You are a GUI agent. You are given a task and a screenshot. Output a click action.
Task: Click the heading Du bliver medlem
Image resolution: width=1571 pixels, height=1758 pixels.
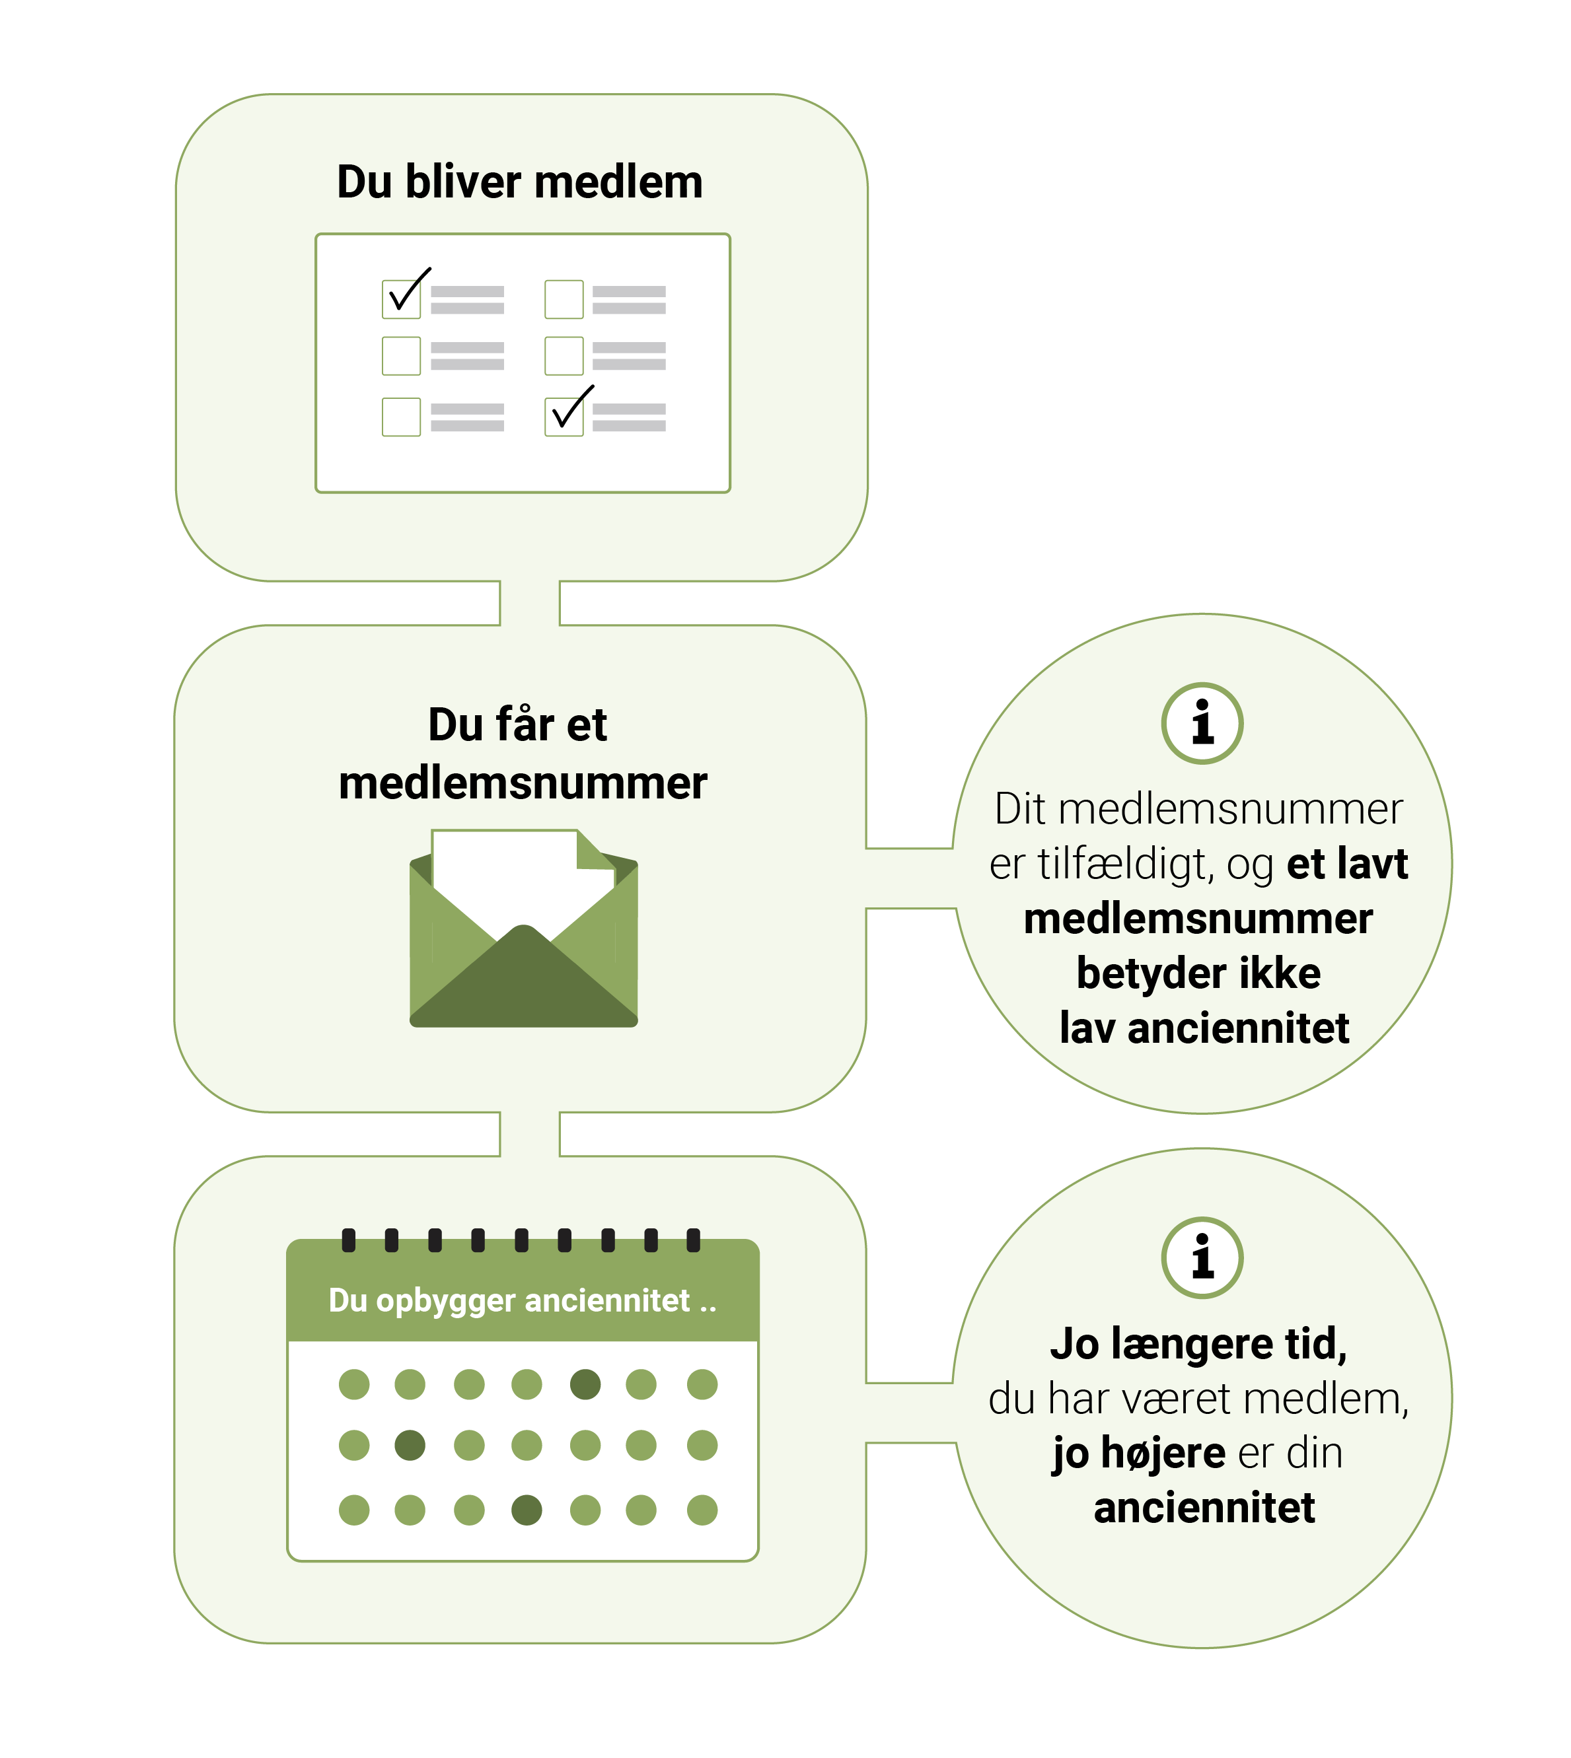pyautogui.click(x=520, y=182)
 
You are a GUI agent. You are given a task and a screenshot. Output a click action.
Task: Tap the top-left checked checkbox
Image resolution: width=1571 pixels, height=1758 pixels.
pyautogui.click(x=402, y=299)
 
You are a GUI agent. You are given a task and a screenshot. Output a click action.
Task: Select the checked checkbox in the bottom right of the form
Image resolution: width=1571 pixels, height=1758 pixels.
pyautogui.click(x=564, y=416)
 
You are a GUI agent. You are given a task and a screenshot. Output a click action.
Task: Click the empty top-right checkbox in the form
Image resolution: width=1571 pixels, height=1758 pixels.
pyautogui.click(x=564, y=299)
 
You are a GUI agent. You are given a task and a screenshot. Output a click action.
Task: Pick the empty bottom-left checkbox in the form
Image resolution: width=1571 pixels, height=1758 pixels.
pyautogui.click(x=402, y=417)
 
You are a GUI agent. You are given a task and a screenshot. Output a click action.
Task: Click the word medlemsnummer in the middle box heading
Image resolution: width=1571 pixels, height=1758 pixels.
pyautogui.click(x=522, y=783)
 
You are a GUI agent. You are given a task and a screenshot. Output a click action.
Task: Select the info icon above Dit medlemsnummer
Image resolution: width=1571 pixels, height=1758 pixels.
pyautogui.click(x=1202, y=723)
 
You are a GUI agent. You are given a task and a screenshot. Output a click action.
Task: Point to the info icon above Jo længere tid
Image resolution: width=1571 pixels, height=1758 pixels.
pyautogui.click(x=1202, y=1257)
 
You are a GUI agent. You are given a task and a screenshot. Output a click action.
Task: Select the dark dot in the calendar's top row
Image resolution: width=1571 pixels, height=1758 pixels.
pyautogui.click(x=585, y=1384)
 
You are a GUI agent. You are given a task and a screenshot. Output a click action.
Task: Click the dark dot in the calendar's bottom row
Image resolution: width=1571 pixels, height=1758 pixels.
pyautogui.click(x=527, y=1510)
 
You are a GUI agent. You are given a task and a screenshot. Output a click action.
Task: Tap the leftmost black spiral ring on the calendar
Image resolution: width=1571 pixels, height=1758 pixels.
pyautogui.click(x=349, y=1240)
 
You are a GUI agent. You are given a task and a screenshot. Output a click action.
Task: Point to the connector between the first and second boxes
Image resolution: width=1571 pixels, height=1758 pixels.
pyautogui.click(x=529, y=602)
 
